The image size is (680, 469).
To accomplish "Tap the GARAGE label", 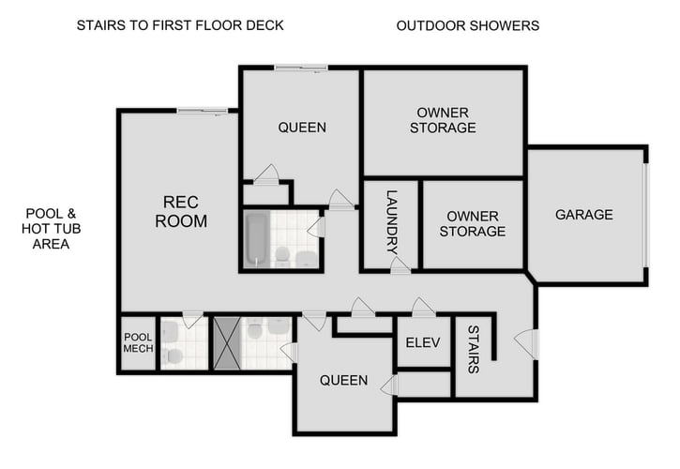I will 583,215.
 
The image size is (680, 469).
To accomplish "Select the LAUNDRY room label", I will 392,223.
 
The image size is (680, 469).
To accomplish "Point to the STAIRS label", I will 473,349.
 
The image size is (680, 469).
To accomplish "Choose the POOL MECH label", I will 137,343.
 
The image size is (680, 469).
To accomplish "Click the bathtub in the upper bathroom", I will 256,239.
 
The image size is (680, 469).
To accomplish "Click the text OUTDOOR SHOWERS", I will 467,25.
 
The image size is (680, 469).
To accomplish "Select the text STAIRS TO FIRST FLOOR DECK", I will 180,25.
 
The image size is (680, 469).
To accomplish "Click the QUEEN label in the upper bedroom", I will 302,128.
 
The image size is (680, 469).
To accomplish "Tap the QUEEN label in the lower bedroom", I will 343,380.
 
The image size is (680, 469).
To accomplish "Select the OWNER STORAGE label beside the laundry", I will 472,223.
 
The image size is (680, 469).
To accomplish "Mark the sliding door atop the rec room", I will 203,111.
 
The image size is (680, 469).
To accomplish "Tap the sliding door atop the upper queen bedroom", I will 300,67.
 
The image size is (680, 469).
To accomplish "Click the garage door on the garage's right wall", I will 645,215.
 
